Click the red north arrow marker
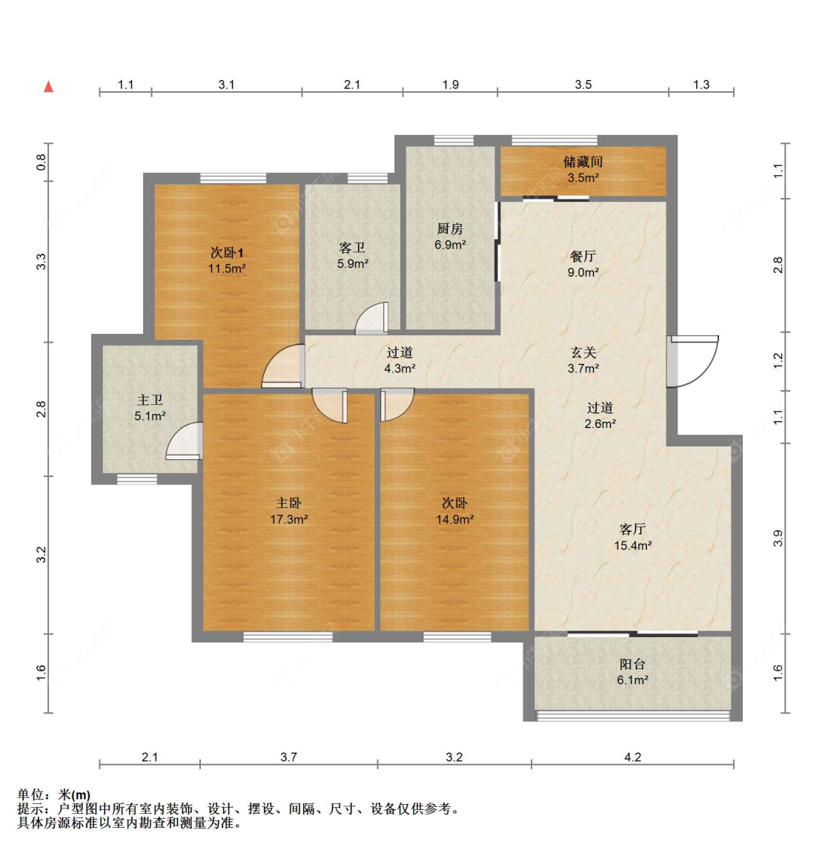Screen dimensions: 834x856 [x=48, y=86]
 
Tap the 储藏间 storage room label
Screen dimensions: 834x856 [x=583, y=162]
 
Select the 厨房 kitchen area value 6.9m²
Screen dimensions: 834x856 [x=450, y=245]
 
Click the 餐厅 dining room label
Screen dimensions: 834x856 [x=583, y=256]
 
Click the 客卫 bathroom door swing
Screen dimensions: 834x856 [x=371, y=318]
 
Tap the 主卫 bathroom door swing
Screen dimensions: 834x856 [x=185, y=441]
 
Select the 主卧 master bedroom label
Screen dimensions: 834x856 [x=288, y=503]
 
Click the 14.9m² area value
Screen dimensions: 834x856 [x=454, y=519]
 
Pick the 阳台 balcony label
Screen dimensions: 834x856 [x=632, y=664]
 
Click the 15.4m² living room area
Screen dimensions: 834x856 [x=632, y=545]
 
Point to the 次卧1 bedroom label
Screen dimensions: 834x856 [x=227, y=253]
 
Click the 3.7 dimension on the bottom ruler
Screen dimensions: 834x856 [x=288, y=757]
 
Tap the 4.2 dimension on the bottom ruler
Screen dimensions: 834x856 [x=632, y=757]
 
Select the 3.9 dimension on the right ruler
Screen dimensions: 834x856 [x=778, y=539]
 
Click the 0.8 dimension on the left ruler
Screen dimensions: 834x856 [x=42, y=162]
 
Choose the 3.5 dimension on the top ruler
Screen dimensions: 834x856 [x=583, y=85]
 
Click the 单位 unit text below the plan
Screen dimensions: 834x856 [x=30, y=795]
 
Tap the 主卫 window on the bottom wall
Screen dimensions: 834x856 [x=137, y=479]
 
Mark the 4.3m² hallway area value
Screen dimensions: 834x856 [x=400, y=369]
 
